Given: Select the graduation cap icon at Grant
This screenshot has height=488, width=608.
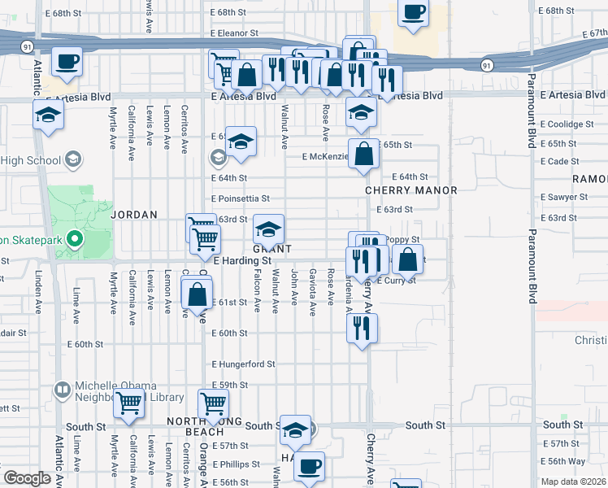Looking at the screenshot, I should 269,229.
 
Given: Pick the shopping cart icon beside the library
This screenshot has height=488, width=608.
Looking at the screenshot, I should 129,403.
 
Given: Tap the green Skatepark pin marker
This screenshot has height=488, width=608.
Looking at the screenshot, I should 74,239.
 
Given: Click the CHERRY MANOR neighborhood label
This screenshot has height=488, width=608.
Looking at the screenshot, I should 410,190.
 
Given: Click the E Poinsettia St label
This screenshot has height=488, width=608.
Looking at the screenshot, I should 240,198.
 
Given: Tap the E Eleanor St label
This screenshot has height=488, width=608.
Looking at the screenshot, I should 233,34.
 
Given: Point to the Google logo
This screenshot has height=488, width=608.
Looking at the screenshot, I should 27,478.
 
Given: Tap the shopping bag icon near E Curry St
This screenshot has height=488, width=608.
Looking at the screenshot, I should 410,260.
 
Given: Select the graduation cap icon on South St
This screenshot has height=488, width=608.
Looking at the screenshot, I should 296,430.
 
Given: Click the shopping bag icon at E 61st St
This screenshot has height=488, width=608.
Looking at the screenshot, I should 197,294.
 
